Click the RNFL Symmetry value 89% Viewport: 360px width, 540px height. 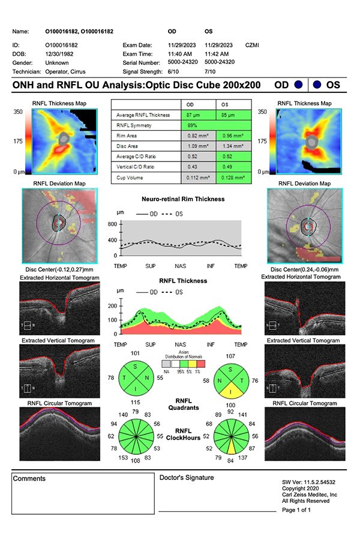point(193,125)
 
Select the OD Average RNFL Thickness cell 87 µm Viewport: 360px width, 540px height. point(193,115)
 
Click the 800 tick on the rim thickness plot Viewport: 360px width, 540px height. point(113,223)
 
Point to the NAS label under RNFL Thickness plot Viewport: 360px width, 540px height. point(181,345)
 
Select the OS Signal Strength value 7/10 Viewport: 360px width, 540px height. point(212,71)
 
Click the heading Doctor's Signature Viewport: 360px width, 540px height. point(186,478)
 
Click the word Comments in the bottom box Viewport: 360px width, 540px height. point(29,479)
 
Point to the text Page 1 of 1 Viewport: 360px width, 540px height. point(296,509)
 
